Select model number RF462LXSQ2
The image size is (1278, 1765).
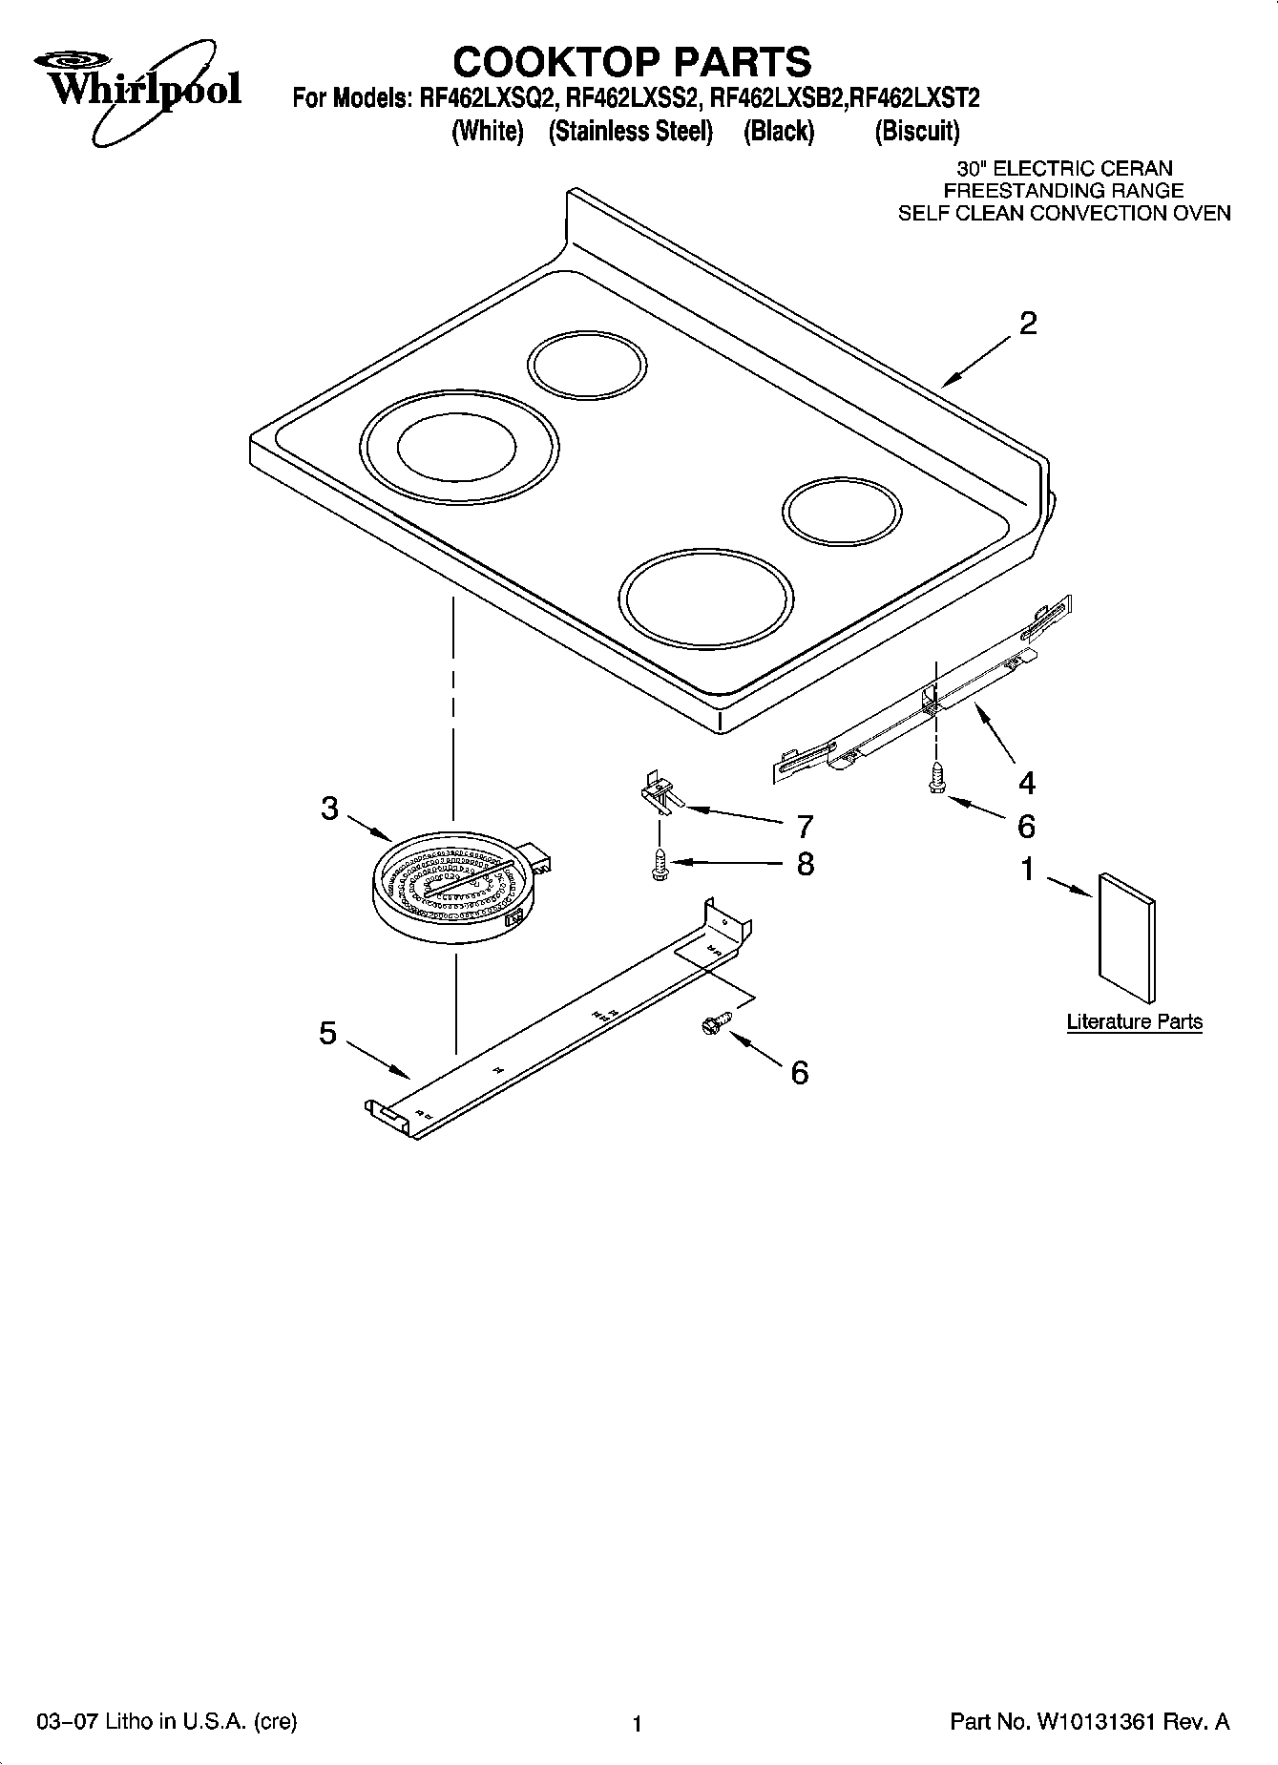point(488,98)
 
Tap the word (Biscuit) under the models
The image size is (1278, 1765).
point(917,131)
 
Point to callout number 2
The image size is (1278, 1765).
point(1027,324)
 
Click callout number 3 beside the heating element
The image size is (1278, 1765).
point(329,809)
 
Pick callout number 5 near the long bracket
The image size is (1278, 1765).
point(328,1033)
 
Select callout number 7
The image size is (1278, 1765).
point(805,825)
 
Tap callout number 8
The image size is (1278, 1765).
point(805,864)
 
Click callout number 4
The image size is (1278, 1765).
point(1026,783)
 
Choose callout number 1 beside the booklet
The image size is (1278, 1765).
point(1027,869)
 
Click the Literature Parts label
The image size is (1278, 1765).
point(1134,1021)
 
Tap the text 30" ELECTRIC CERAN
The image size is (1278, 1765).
point(1064,169)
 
